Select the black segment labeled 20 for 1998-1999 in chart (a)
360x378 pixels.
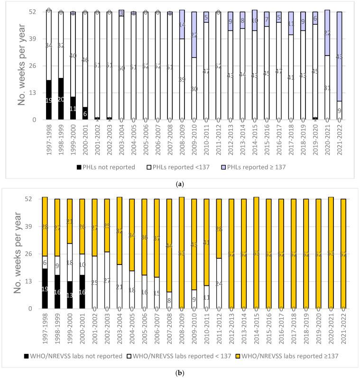click(61, 99)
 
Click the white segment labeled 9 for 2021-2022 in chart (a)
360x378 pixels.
click(340, 110)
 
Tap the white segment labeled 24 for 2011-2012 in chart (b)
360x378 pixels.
click(219, 283)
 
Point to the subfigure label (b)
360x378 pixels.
click(180, 372)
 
